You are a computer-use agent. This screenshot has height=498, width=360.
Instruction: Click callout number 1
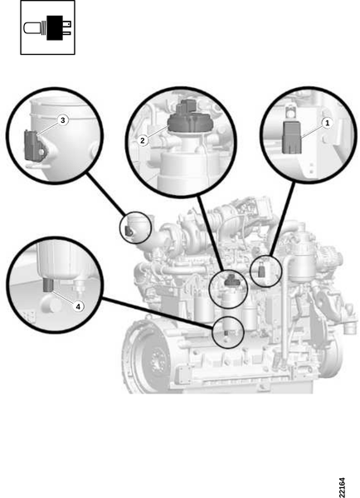[x=327, y=123]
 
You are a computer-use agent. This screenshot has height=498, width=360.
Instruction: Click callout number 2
[x=143, y=140]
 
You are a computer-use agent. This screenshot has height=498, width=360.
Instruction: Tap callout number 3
[x=63, y=120]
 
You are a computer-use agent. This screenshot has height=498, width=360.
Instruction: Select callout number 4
[x=79, y=306]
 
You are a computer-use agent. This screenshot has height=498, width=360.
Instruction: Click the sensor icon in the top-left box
[x=47, y=27]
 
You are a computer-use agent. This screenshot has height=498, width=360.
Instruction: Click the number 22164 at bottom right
[x=341, y=487]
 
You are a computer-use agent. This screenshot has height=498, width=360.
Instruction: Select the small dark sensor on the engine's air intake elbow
[x=129, y=232]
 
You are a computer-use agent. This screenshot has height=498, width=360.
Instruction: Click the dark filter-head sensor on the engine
[x=231, y=281]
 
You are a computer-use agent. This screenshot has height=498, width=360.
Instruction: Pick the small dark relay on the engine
[x=262, y=271]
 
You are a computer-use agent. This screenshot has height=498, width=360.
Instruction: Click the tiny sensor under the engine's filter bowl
[x=226, y=333]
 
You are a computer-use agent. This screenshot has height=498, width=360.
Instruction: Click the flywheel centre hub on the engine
[x=156, y=361]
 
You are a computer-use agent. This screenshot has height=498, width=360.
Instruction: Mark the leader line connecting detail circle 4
[x=157, y=313]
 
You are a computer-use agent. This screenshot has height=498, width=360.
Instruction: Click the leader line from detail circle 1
[x=282, y=219]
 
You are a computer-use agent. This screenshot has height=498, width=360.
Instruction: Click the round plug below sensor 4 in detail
[x=51, y=303]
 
